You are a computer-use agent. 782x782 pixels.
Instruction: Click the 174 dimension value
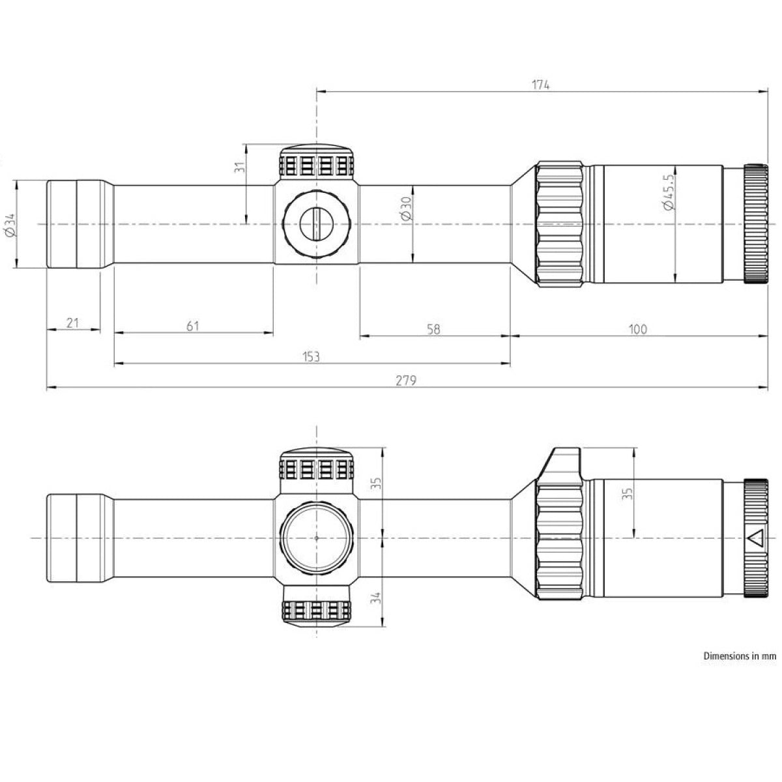tap(541, 85)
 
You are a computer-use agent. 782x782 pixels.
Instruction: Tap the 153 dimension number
tap(311, 356)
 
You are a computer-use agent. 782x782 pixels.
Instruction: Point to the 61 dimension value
tap(193, 325)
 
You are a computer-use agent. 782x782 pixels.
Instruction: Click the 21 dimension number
tap(73, 323)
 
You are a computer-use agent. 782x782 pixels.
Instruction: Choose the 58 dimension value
tap(433, 329)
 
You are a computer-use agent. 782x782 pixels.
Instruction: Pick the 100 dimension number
tap(638, 329)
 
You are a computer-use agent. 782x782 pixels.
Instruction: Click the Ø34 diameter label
tap(9, 224)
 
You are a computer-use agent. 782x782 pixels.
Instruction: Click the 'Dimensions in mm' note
tap(740, 656)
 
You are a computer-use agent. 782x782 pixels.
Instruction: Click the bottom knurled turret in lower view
tap(317, 607)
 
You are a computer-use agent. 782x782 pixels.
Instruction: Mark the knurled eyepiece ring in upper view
tap(756, 224)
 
